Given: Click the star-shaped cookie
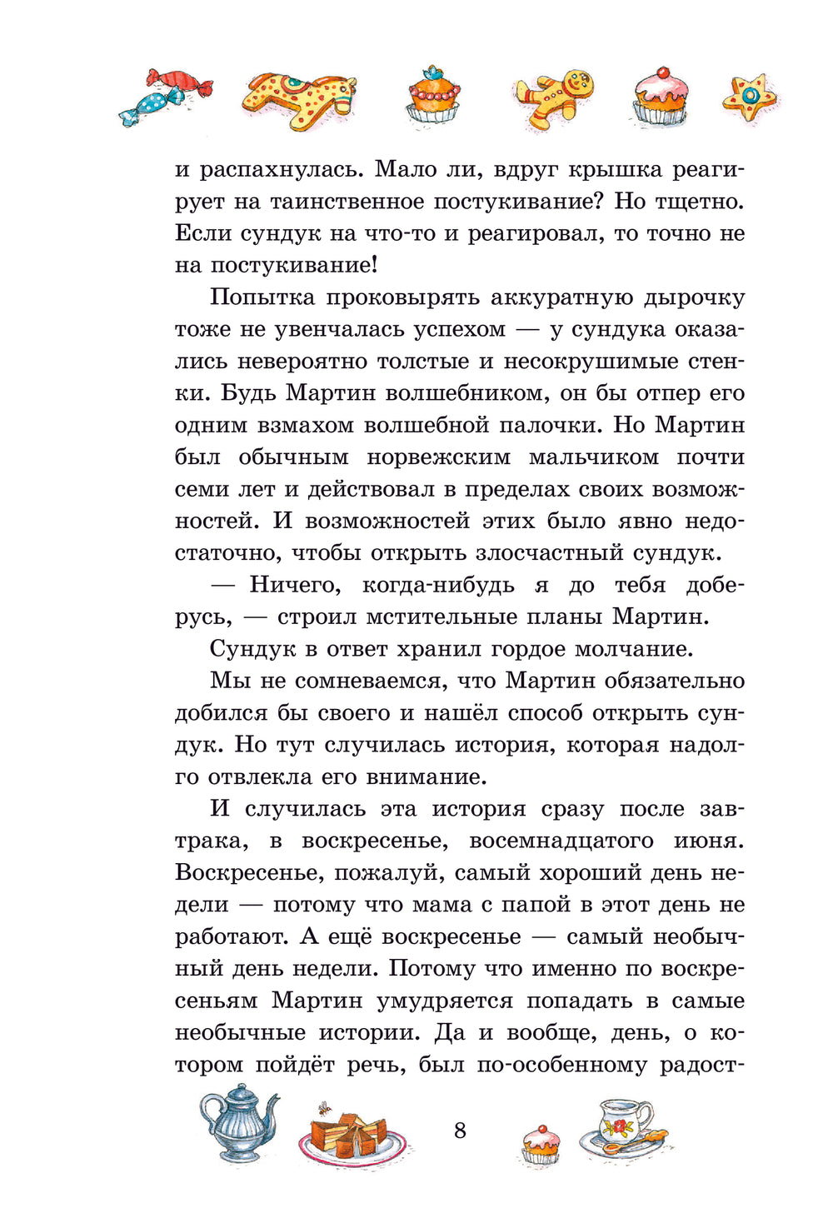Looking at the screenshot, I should (x=750, y=97).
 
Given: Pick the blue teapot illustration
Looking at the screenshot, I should (x=238, y=1121).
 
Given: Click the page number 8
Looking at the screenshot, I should (x=460, y=1131).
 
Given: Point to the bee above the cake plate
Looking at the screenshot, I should (x=323, y=1107).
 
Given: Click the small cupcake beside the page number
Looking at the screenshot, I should (x=541, y=1144).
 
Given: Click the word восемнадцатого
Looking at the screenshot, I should (x=562, y=841).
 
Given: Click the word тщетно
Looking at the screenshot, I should (x=700, y=202).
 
